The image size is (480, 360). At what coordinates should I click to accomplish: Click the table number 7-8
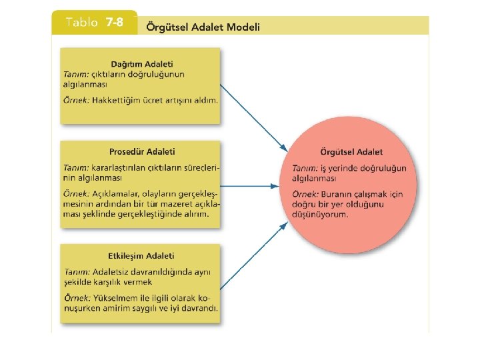click(x=114, y=23)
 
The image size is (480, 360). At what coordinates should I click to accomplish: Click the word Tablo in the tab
click(x=82, y=23)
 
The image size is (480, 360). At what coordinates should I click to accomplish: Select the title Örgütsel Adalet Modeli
click(x=203, y=27)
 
